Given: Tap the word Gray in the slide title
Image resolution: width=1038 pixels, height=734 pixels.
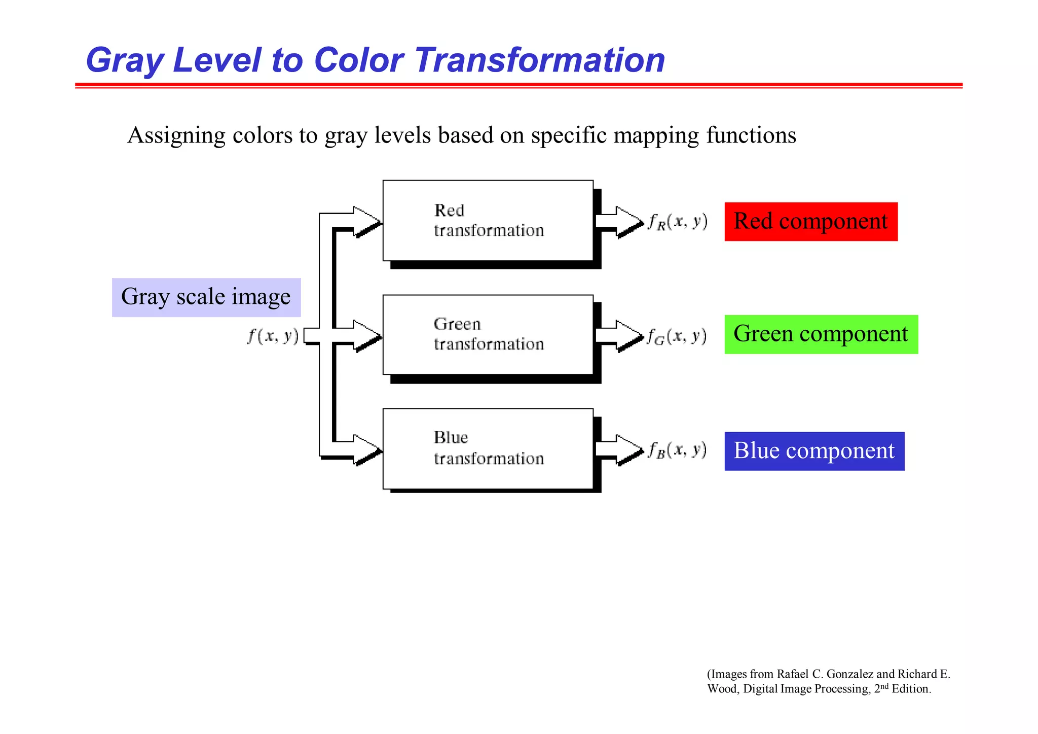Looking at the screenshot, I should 124,61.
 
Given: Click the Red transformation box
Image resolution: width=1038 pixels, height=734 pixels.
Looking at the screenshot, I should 488,221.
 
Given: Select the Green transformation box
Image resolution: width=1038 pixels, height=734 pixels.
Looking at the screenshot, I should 488,335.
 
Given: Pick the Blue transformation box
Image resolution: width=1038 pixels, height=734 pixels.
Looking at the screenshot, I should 488,449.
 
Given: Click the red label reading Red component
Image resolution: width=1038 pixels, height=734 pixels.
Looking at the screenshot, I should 810,222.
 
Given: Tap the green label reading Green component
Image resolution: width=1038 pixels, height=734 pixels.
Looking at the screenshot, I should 821,334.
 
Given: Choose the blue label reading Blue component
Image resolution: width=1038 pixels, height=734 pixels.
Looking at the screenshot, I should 814,451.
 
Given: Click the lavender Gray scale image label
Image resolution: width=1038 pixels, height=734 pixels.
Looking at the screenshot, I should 206,297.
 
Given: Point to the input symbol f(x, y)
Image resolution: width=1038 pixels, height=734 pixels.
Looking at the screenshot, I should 273,336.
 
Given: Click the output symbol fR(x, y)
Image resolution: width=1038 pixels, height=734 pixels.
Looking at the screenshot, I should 678,222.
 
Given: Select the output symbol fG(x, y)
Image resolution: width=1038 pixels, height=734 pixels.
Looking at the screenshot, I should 677,336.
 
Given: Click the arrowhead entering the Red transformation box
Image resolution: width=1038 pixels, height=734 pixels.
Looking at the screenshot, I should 367,222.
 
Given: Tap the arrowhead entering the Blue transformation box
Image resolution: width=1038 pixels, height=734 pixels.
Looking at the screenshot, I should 367,449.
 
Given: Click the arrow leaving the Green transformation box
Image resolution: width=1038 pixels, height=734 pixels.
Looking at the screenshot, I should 619,335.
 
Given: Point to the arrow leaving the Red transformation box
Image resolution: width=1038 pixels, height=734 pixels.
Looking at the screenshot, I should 619,221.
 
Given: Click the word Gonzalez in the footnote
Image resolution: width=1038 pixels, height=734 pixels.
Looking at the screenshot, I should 849,674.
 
